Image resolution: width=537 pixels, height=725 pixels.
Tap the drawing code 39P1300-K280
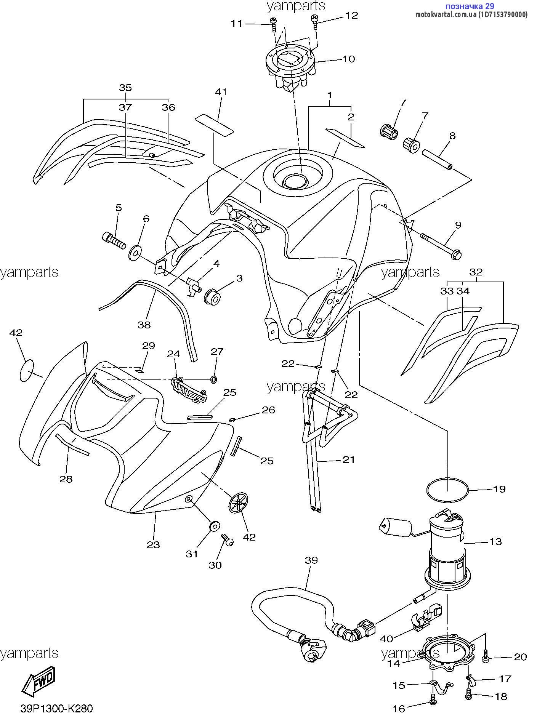56,708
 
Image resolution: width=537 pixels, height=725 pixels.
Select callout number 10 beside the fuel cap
348,59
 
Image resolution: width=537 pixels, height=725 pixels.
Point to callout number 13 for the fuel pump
495,541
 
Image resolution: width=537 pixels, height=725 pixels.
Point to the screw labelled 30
228,540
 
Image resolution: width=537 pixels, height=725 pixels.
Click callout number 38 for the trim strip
144,325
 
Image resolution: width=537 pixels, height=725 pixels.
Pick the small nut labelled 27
214,379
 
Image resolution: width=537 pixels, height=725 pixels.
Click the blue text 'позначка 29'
470,6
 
